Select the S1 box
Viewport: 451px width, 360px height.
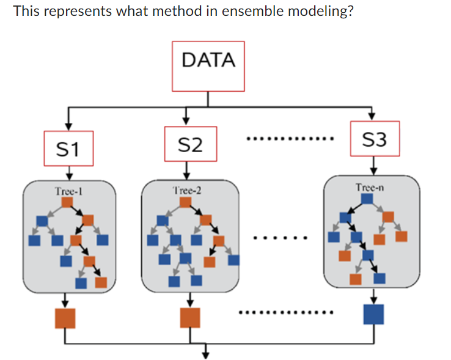tap(68, 148)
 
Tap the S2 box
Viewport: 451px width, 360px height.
tap(189, 144)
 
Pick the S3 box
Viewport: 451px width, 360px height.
tap(374, 139)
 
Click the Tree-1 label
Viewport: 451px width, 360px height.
tap(68, 191)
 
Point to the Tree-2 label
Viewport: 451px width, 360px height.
tap(187, 191)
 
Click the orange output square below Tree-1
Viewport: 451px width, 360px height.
tap(65, 318)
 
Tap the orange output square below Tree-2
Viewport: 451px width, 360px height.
tap(189, 318)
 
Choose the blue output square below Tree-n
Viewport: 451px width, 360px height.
tap(373, 314)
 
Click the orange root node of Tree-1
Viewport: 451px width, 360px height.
tap(68, 202)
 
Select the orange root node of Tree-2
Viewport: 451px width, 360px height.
tap(187, 202)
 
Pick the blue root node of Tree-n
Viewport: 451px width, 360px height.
tap(367, 198)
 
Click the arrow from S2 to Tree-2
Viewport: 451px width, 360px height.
tap(187, 171)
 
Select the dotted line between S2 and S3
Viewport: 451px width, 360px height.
tap(289, 139)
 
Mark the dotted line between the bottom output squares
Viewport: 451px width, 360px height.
tap(286, 314)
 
